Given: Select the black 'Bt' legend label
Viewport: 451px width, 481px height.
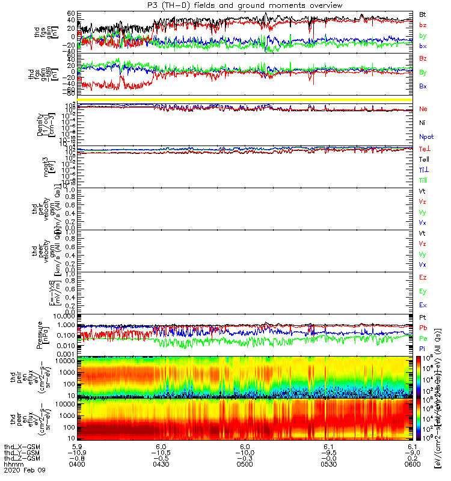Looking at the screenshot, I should [423, 13].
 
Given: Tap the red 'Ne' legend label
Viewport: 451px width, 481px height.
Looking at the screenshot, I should [423, 109].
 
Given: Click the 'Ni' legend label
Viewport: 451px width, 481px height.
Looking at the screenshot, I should [423, 123].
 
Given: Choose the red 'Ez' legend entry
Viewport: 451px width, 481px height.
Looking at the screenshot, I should [423, 277].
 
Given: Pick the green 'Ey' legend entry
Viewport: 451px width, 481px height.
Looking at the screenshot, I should [423, 291].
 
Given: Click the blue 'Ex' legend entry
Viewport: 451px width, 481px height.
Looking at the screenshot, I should [423, 305].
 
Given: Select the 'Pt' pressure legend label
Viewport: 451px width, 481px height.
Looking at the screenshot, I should [423, 317].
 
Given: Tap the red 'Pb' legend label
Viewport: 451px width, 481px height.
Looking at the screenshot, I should [423, 328].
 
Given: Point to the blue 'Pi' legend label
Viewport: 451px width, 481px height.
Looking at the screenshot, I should [423, 349].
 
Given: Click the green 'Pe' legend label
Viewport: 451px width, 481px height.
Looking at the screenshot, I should [423, 339].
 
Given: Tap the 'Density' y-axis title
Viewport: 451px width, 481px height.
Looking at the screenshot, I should [40, 124].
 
